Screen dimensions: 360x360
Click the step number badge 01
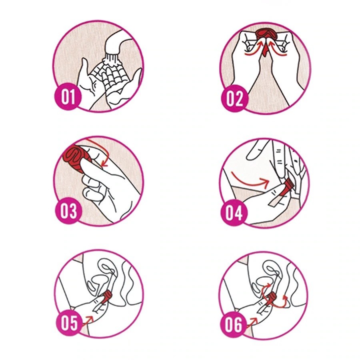[68, 97]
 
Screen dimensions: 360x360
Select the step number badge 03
[68, 211]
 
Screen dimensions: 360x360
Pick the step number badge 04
[234, 213]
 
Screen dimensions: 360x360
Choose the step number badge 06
[234, 325]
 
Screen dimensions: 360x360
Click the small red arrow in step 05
[88, 320]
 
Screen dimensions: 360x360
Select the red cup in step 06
[274, 297]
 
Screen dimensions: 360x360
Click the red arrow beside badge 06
[252, 321]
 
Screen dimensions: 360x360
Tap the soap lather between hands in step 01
[108, 73]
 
